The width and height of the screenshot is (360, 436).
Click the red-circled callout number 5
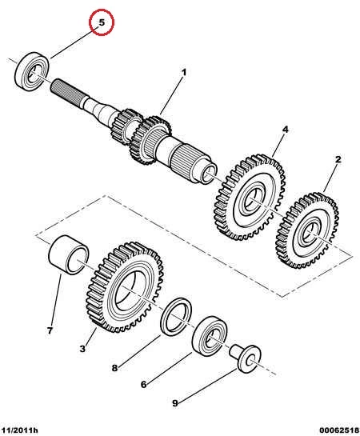click(102, 22)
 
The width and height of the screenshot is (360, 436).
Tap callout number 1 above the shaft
click(184, 72)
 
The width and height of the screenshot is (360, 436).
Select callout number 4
click(286, 130)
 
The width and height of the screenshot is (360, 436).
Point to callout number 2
click(338, 159)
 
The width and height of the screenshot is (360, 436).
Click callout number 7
click(50, 330)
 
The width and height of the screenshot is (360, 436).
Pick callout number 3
click(82, 348)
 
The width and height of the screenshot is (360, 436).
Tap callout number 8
click(114, 368)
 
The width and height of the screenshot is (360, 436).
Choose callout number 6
click(143, 385)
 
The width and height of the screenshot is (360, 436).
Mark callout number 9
click(175, 403)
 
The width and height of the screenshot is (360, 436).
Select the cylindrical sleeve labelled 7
click(69, 254)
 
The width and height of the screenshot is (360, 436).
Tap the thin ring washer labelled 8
click(176, 316)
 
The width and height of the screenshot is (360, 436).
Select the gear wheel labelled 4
click(250, 198)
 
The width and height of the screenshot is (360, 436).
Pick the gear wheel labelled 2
click(307, 230)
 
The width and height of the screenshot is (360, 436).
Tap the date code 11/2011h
click(19, 430)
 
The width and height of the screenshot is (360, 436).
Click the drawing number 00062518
click(339, 430)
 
